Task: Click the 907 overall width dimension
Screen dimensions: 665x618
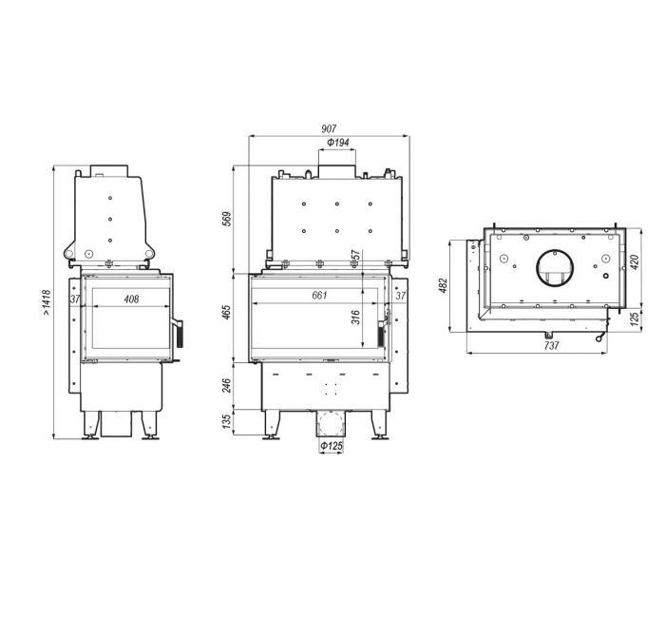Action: [x=329, y=128]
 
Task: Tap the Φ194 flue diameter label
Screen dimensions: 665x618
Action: [x=338, y=143]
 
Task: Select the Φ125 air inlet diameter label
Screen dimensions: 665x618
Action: [x=332, y=446]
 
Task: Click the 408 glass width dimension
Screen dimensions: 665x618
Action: [x=131, y=299]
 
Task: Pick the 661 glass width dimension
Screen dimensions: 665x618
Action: [x=319, y=295]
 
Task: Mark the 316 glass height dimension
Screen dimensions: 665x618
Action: [x=355, y=318]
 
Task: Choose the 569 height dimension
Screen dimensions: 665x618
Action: [x=227, y=219]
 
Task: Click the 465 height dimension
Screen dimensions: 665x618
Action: [x=226, y=312]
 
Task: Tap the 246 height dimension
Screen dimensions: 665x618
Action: [x=226, y=386]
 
